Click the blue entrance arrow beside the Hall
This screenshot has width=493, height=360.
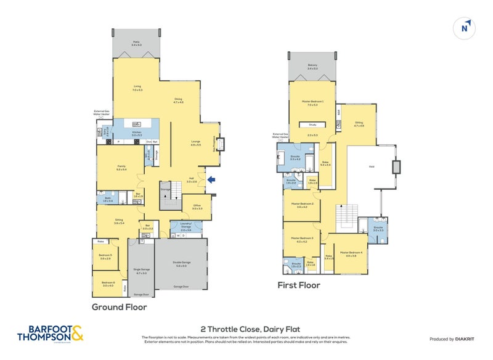point(211,180)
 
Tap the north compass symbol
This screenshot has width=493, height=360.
point(465,27)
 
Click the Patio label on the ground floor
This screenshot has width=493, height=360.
point(136,43)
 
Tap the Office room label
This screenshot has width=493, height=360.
point(197,207)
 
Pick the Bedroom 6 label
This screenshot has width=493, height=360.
point(108,284)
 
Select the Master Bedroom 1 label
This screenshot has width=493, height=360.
point(313,103)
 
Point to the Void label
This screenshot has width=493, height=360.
point(372,166)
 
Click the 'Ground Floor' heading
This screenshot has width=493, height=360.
point(119,306)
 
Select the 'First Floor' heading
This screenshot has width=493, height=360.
point(299,285)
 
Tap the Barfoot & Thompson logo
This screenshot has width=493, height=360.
point(49,333)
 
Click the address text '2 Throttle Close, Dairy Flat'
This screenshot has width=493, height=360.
point(246,329)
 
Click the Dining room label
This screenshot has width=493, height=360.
point(178,101)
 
